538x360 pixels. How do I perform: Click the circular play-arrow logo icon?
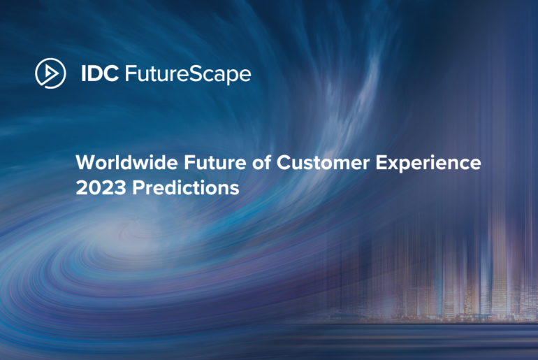click(x=50, y=73)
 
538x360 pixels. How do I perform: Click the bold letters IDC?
click(x=99, y=74)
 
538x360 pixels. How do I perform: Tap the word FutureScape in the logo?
click(x=187, y=74)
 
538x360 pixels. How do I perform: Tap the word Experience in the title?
click(x=424, y=164)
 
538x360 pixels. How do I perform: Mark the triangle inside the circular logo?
click(x=51, y=73)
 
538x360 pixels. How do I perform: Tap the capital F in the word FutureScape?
click(x=130, y=74)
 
